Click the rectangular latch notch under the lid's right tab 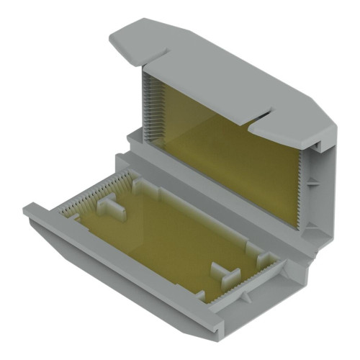(317, 148)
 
